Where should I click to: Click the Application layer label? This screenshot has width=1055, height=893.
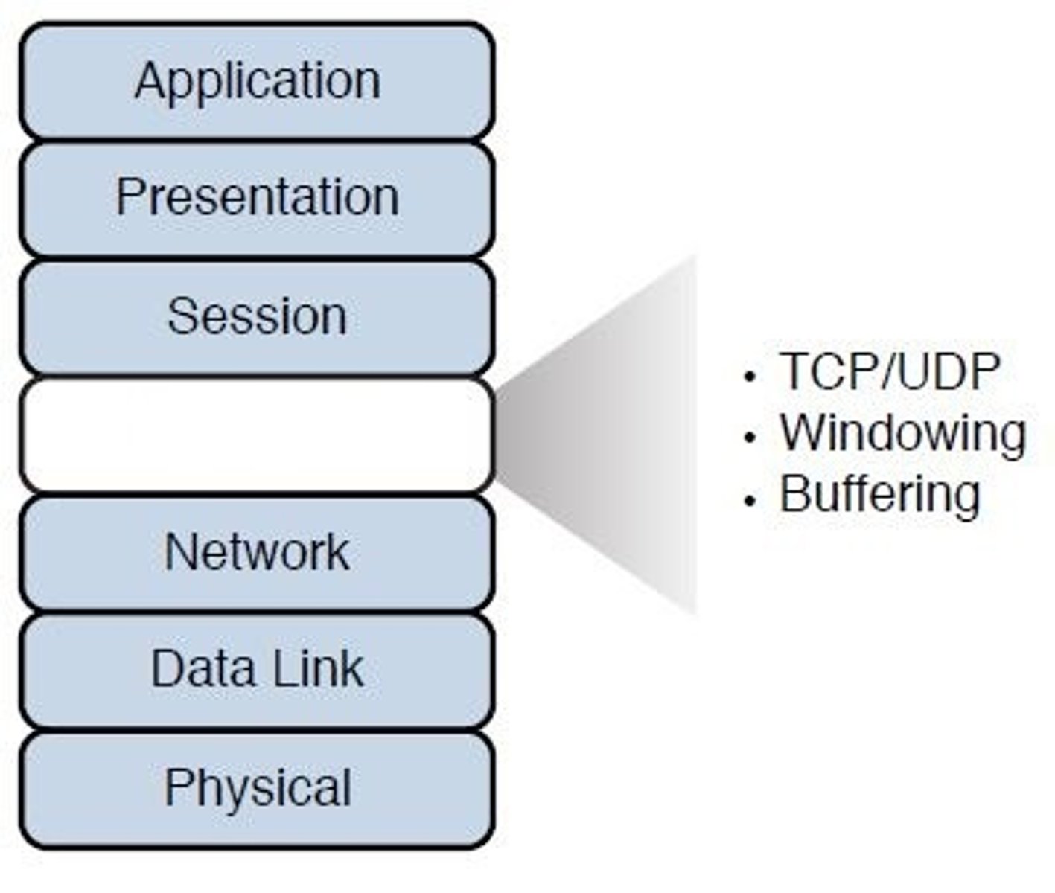click(x=257, y=80)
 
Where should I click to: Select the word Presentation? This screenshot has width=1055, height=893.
click(x=257, y=197)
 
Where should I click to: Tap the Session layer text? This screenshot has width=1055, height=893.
click(x=257, y=316)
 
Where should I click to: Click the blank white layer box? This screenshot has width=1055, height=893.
click(x=257, y=435)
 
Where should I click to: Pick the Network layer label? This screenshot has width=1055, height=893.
click(x=257, y=552)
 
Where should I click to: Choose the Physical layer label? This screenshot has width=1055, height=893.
click(x=257, y=787)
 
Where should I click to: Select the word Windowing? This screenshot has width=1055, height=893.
click(x=902, y=432)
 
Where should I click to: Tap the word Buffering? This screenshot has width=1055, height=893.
click(x=879, y=495)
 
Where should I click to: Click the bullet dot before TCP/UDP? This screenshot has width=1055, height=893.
click(x=750, y=376)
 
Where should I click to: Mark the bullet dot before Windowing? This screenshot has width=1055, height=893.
click(x=750, y=438)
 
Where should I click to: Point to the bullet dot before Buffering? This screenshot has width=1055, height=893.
click(x=750, y=499)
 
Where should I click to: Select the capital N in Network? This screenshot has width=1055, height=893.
click(x=179, y=552)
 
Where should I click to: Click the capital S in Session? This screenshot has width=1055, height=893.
click(x=181, y=316)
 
